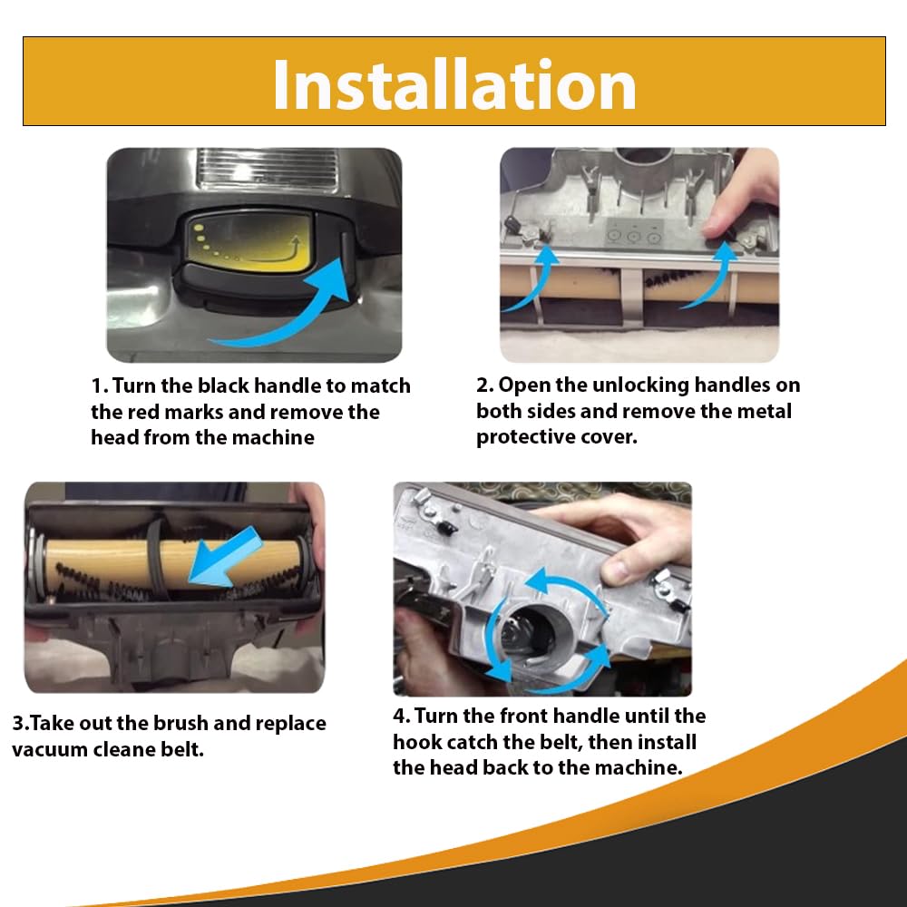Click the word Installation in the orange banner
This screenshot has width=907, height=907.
click(x=454, y=85)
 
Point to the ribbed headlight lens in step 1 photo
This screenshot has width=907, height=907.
click(x=268, y=169)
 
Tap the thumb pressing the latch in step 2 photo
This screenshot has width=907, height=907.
click(x=723, y=217)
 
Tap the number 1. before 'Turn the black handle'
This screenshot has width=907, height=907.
click(x=100, y=385)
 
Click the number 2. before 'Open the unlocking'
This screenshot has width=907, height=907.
click(x=484, y=385)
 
